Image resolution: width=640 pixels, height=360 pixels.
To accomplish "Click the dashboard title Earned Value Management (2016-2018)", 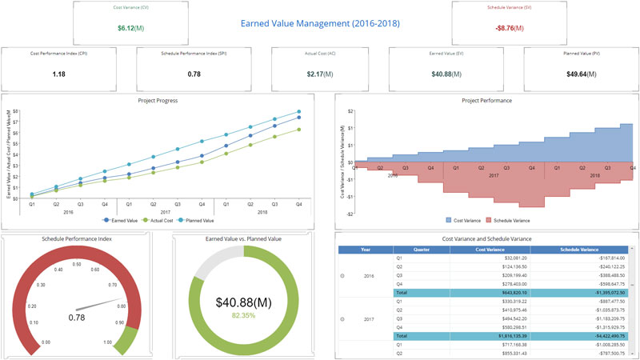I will tap(320, 24).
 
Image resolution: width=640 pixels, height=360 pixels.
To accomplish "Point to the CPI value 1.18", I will tap(59, 74).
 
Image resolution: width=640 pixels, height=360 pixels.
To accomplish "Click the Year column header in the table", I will tap(366, 249).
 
